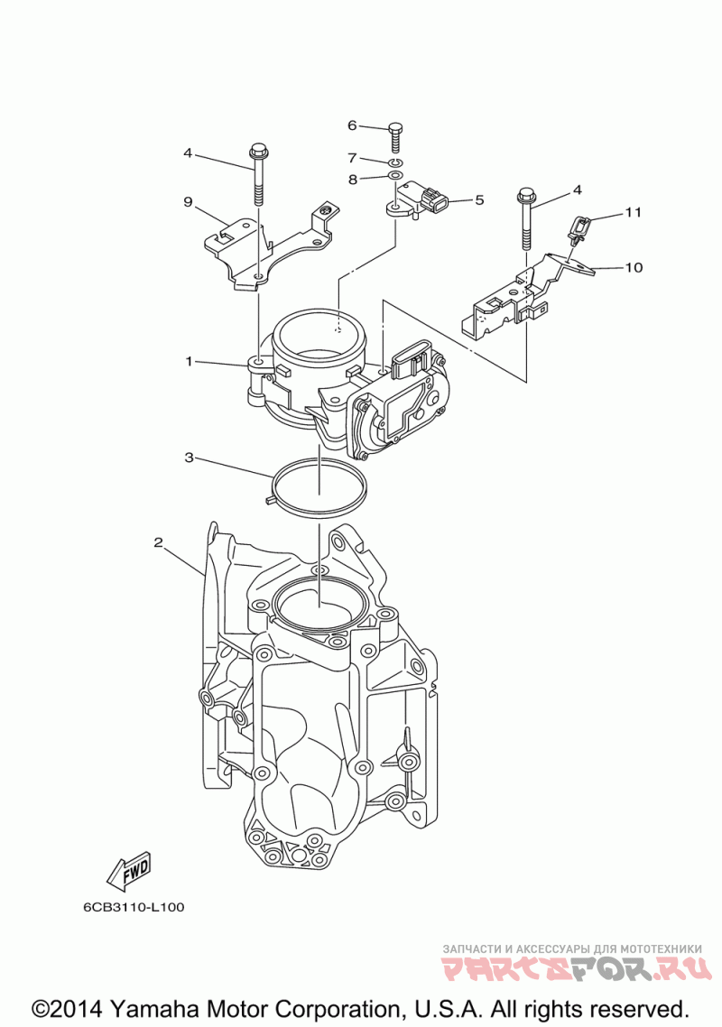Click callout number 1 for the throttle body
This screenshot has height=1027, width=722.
(x=190, y=361)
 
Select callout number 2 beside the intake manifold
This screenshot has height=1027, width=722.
(x=158, y=542)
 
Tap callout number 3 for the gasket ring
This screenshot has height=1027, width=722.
(x=190, y=458)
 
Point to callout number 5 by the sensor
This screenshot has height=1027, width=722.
(x=479, y=199)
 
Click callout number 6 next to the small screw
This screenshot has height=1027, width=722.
(x=352, y=125)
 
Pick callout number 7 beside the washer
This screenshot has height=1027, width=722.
(x=352, y=157)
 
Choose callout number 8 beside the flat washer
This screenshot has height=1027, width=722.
(x=352, y=179)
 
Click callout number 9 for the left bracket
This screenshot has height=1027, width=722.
(x=189, y=201)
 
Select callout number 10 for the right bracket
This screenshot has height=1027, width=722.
(x=634, y=267)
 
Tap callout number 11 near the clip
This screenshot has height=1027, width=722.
(x=634, y=213)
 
